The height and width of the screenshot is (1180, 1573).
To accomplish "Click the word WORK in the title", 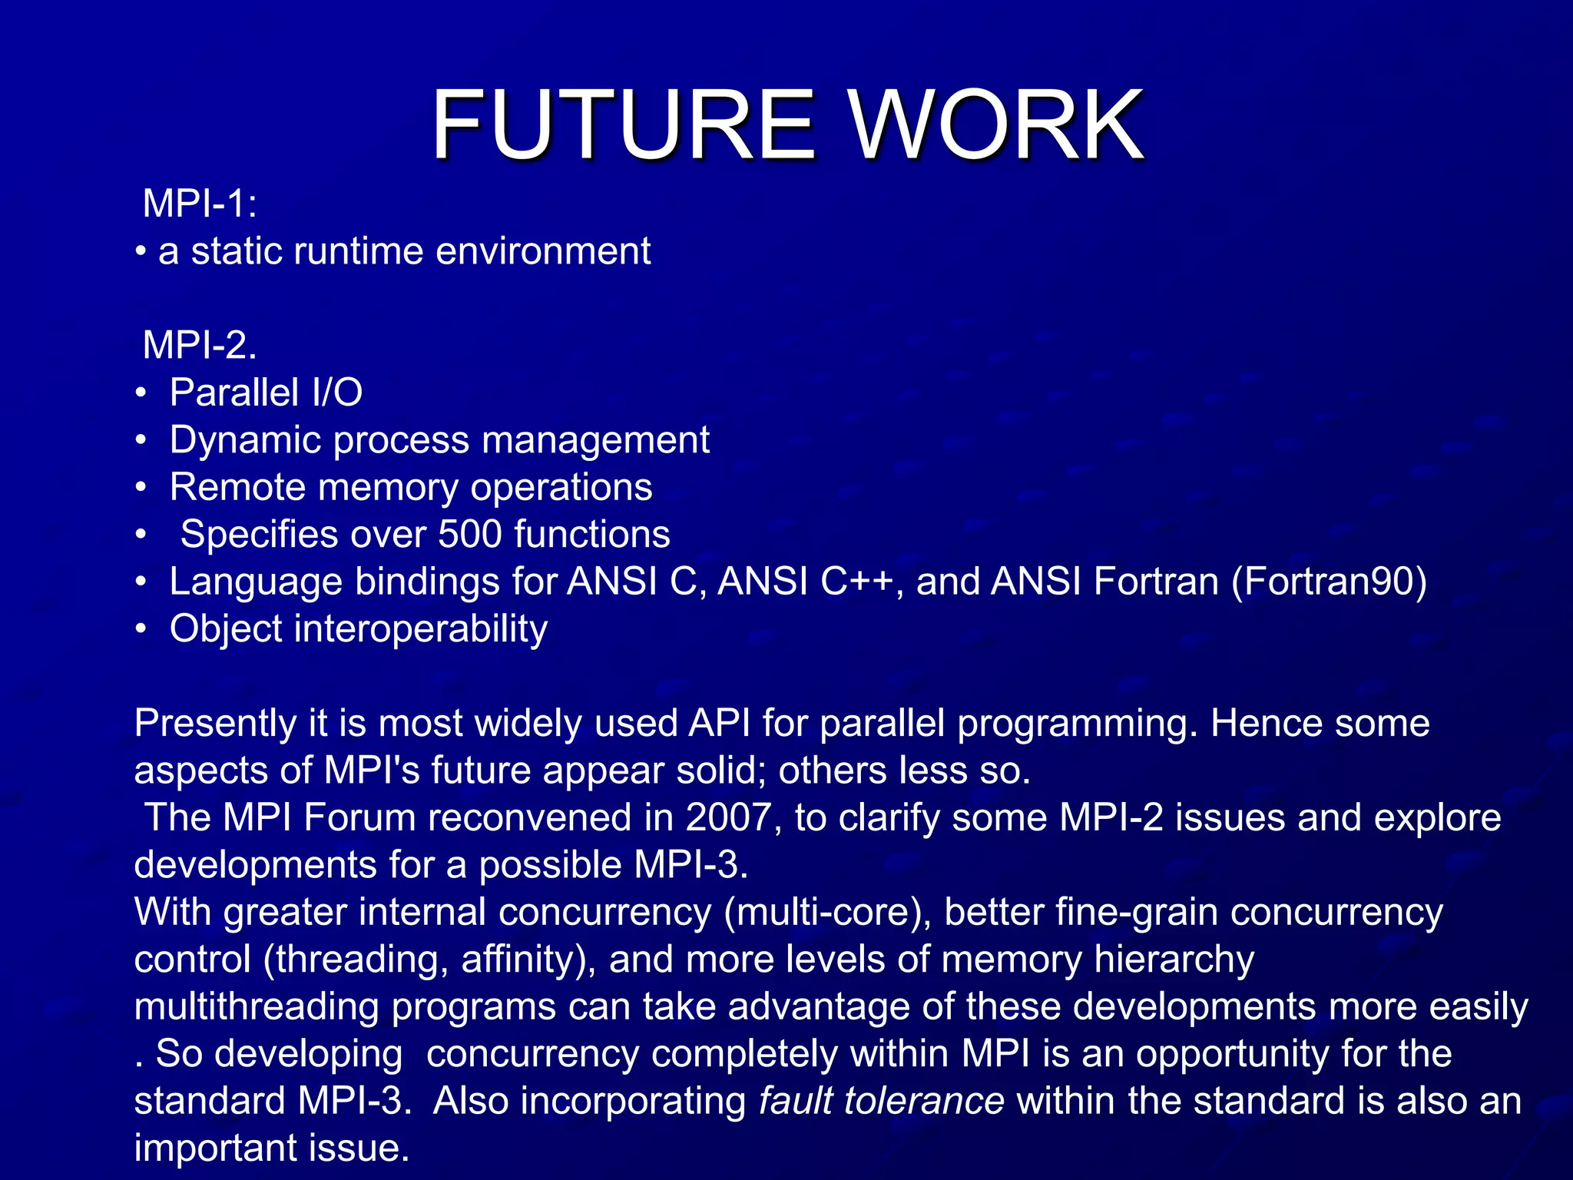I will click(996, 124).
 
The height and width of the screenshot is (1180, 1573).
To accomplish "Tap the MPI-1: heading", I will click(200, 204).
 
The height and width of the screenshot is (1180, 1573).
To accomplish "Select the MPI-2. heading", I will click(200, 345).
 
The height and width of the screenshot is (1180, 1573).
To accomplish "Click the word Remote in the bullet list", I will click(237, 487).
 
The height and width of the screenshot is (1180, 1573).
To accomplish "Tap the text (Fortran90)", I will click(1329, 582).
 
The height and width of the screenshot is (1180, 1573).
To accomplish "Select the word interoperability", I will click(420, 629).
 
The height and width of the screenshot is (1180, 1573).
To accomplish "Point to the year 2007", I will click(727, 817).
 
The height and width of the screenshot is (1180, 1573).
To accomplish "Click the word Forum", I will click(359, 817).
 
